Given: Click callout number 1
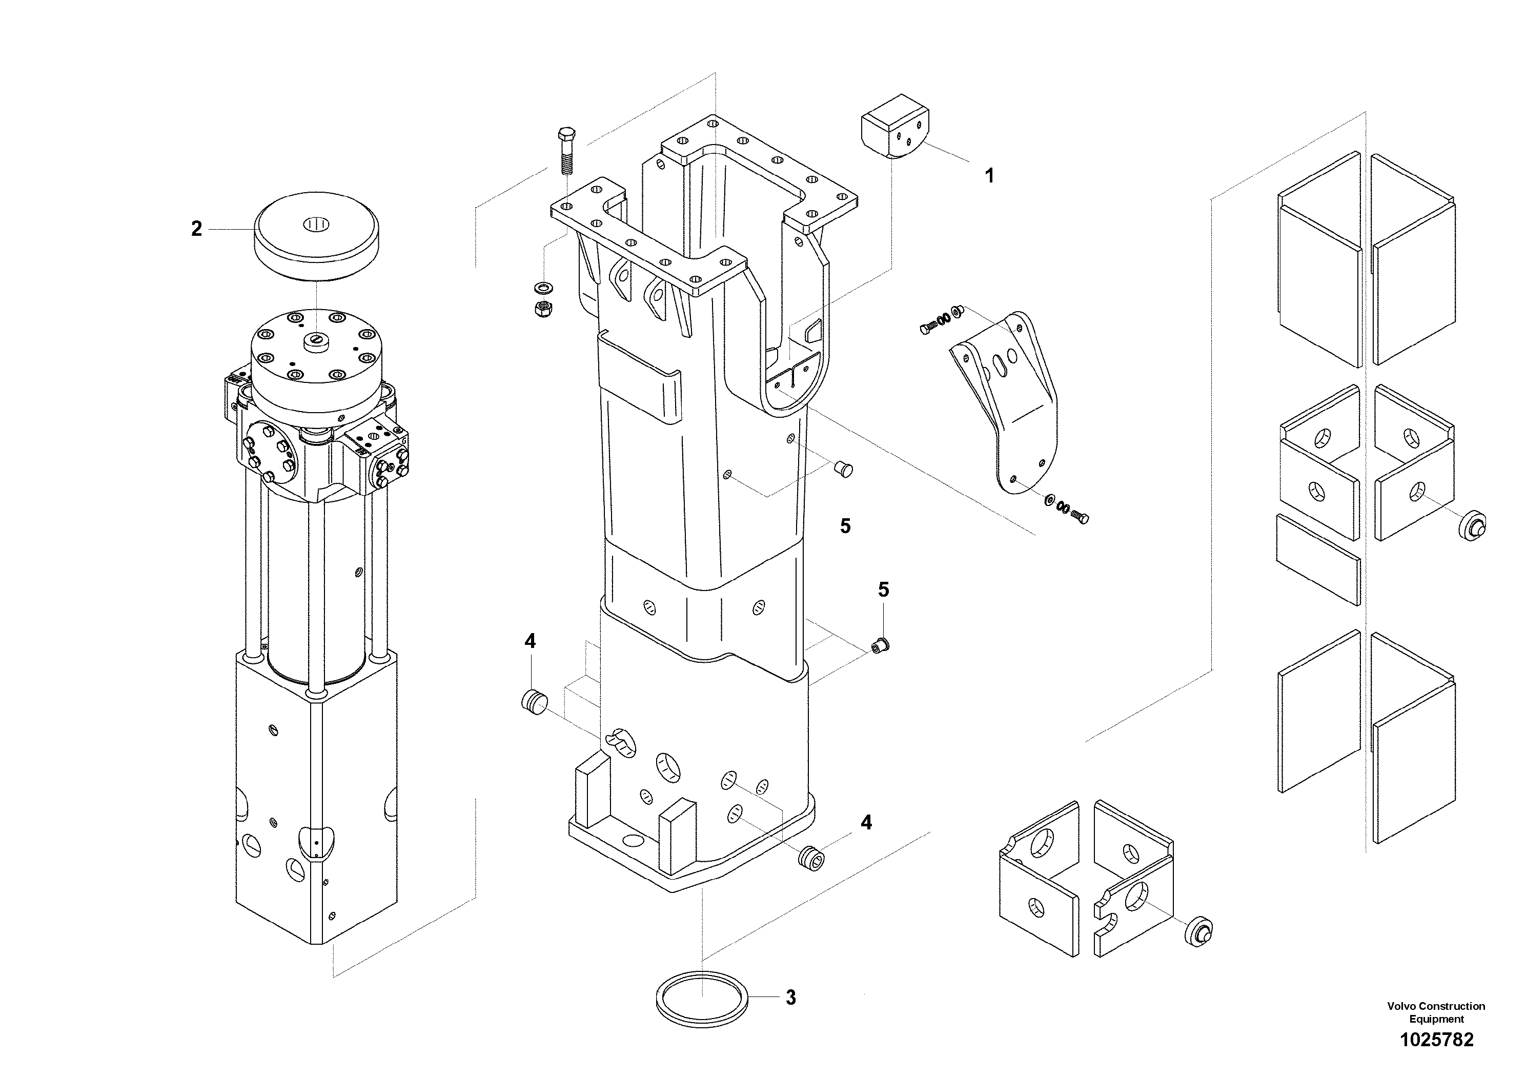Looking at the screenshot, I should pyautogui.click(x=989, y=176).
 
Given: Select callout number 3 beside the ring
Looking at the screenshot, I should pyautogui.click(x=790, y=998).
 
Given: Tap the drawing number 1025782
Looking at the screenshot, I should pyautogui.click(x=1436, y=1040).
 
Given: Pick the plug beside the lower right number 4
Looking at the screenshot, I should pyautogui.click(x=811, y=858).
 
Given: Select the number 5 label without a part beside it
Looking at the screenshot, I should pyautogui.click(x=845, y=526).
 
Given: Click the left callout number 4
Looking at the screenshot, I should pyautogui.click(x=530, y=641).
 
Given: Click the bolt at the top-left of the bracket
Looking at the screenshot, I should pyautogui.click(x=927, y=328).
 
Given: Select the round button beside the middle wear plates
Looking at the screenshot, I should pyautogui.click(x=1471, y=526).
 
